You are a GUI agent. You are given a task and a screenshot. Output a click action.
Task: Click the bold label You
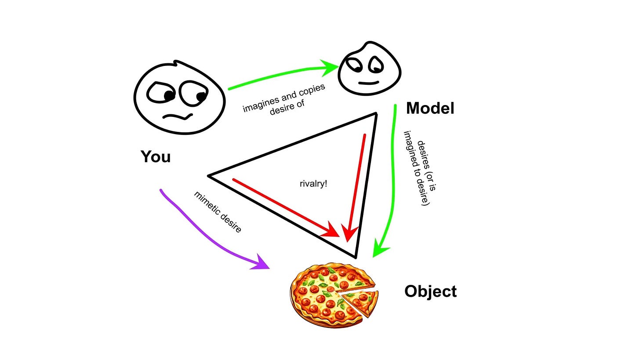[x=156, y=157]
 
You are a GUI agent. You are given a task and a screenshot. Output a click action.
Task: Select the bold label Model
[x=430, y=108]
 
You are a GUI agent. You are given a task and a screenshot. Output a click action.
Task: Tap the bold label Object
[x=430, y=291]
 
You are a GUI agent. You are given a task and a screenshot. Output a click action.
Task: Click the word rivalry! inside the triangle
[x=313, y=183]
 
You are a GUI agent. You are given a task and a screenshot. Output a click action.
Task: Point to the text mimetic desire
[x=218, y=211]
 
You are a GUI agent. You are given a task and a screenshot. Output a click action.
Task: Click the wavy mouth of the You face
[x=178, y=117]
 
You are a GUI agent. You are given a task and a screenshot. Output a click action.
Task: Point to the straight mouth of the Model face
[x=368, y=82]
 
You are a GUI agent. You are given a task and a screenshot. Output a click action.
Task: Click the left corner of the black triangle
[x=209, y=176]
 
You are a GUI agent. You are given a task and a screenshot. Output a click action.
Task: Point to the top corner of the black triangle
[x=376, y=113]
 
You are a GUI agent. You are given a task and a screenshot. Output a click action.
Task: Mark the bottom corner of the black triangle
[x=356, y=257]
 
